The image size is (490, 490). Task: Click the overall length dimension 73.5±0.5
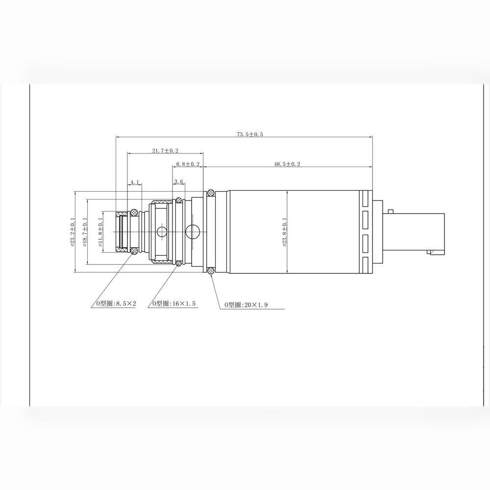pyautogui.click(x=250, y=134)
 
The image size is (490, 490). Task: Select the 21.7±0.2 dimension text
pyautogui.click(x=165, y=150)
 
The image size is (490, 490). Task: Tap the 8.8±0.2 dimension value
pyautogui.click(x=188, y=164)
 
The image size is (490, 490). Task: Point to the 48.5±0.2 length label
pyautogui.click(x=287, y=164)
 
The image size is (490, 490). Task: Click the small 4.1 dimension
pyautogui.click(x=134, y=182)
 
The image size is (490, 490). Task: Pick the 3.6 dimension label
pyautogui.click(x=178, y=182)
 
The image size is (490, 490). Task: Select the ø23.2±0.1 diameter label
pyautogui.click(x=72, y=232)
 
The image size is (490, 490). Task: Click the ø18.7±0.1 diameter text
pyautogui.click(x=85, y=232)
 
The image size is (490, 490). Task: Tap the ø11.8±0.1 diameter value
pyautogui.click(x=100, y=232)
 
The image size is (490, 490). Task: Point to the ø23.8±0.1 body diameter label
pyautogui.click(x=284, y=232)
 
